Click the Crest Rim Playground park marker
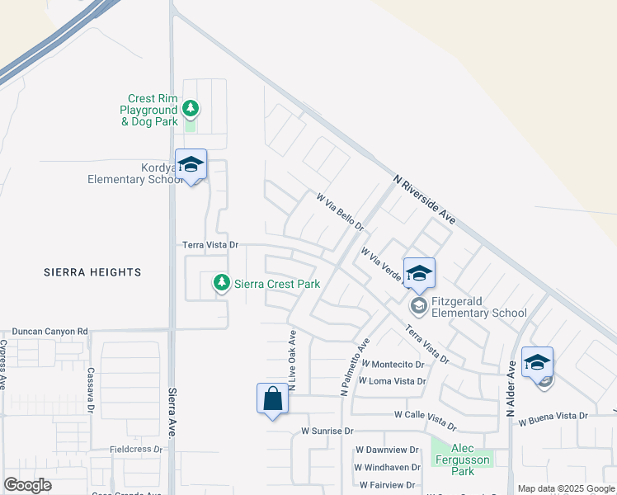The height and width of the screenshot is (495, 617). (191, 108)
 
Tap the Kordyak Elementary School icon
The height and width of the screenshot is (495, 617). (191, 165)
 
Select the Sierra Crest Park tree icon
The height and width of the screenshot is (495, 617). (221, 283)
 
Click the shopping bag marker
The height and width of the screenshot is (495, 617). (272, 400)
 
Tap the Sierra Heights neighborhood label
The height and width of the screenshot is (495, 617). (92, 272)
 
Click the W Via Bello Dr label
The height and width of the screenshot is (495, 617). (340, 212)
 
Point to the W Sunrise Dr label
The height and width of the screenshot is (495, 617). (327, 431)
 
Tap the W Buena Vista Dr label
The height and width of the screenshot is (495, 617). (553, 422)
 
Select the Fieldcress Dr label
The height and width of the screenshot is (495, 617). (136, 450)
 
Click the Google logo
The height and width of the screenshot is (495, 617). (27, 485)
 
